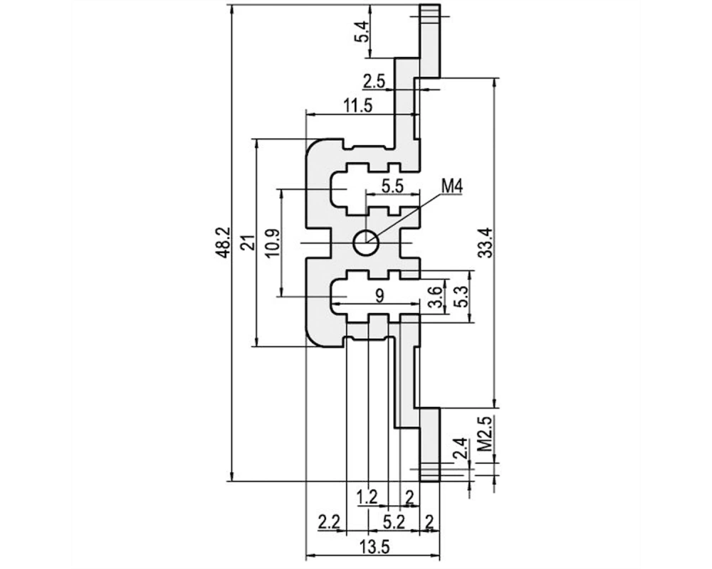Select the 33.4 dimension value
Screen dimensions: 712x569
[x=486, y=243]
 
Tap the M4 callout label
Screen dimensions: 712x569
[x=452, y=186]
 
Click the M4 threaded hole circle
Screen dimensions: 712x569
[x=366, y=243]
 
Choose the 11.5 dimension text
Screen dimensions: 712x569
[x=358, y=106]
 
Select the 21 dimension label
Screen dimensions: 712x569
[x=248, y=243]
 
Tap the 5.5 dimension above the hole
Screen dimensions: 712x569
[x=392, y=186]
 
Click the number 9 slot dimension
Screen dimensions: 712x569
[x=379, y=295]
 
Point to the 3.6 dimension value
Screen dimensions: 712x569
[x=435, y=297]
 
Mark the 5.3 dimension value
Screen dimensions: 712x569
[x=461, y=297]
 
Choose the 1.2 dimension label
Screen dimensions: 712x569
[x=367, y=498]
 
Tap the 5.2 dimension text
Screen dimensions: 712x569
[x=393, y=523]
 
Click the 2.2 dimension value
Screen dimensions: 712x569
[x=329, y=523]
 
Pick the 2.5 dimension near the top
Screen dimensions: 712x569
[x=374, y=82]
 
